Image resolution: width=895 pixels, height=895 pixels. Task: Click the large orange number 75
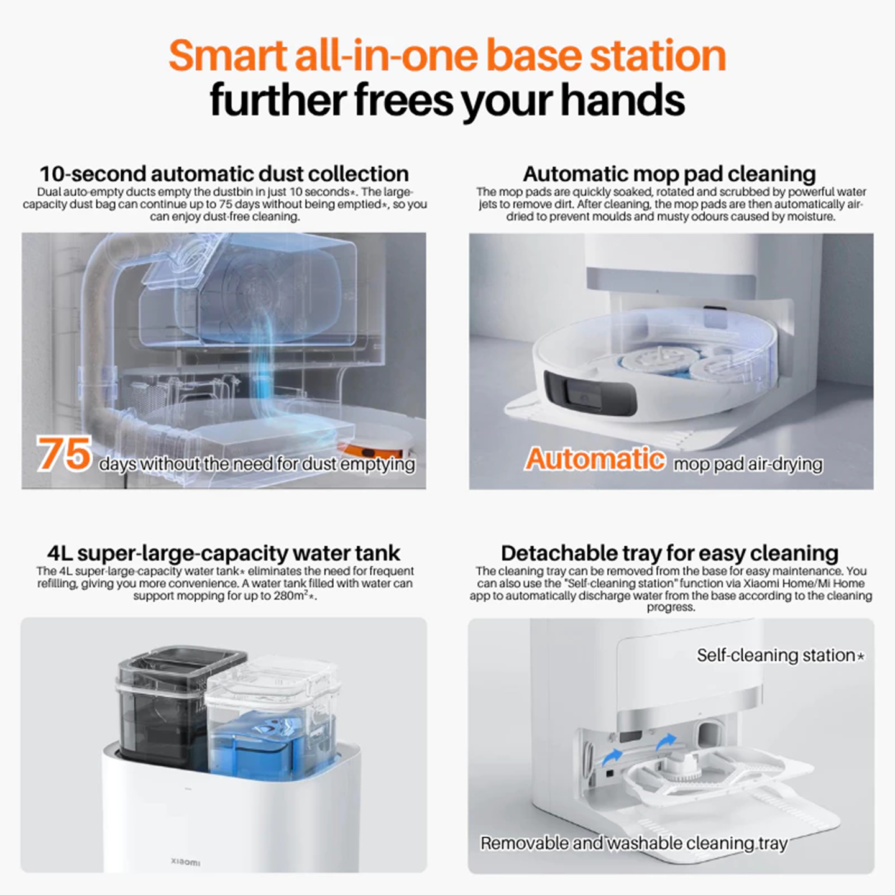coord(64,454)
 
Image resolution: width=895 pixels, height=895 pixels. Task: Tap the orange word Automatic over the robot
coord(595,459)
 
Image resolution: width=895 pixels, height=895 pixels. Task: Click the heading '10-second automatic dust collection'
coord(224,173)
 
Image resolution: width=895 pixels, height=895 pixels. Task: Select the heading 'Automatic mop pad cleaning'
coord(669,173)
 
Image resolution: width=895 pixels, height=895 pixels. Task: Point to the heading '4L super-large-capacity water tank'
coord(224,553)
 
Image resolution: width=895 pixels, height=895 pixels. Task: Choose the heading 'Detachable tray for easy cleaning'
coord(669,553)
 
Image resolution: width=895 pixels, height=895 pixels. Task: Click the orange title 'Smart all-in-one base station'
coord(447,56)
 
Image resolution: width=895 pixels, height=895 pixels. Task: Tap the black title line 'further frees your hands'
coord(447,101)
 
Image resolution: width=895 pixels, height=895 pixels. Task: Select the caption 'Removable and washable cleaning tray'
coord(634,843)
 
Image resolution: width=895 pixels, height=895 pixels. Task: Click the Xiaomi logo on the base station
coord(185,862)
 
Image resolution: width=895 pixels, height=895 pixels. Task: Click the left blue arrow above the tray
coord(613,756)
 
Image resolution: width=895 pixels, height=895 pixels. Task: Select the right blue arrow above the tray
coord(666,741)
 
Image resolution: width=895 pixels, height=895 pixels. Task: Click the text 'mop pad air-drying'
coord(748,464)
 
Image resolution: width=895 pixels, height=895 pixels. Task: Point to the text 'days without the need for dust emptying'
coord(257,464)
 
